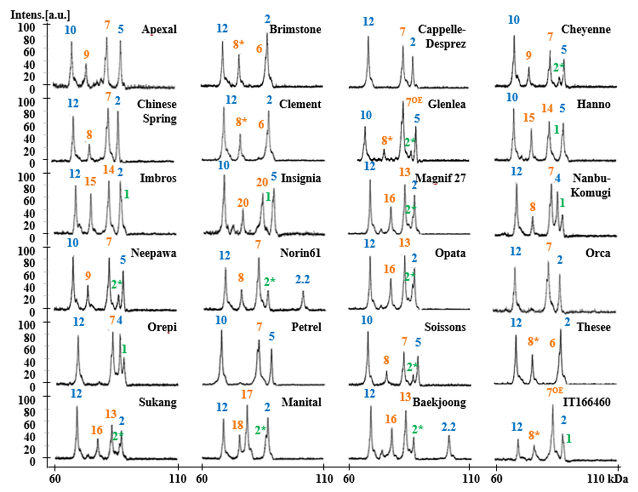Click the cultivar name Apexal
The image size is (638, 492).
[159, 30]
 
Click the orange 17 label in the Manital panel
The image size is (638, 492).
[247, 395]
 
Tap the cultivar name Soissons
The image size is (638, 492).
[445, 327]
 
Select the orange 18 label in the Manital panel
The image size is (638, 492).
[237, 425]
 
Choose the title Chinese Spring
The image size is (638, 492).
[157, 111]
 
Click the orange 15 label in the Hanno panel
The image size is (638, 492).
[529, 118]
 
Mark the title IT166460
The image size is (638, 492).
[587, 402]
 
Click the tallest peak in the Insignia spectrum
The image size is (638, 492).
[224, 176]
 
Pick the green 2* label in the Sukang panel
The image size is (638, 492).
[118, 436]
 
